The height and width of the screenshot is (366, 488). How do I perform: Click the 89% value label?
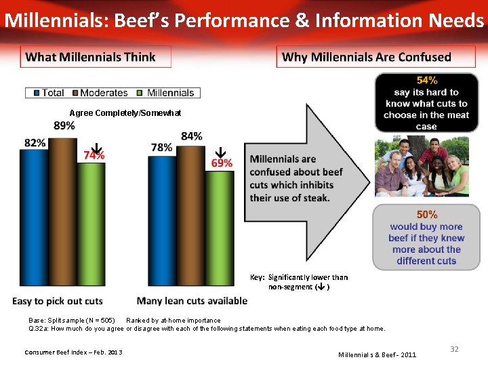click(x=64, y=126)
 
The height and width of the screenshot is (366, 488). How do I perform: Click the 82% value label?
click(x=35, y=143)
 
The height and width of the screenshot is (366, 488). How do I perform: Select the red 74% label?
click(x=94, y=155)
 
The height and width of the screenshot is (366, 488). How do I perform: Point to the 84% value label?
click(x=192, y=136)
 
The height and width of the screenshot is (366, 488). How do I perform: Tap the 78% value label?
click(x=161, y=148)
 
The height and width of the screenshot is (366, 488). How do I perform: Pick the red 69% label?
click(x=222, y=163)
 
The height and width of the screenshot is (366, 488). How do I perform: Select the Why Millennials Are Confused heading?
click(x=366, y=57)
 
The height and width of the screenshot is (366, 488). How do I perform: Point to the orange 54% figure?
click(x=426, y=81)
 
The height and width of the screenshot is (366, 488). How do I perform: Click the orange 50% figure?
click(x=426, y=215)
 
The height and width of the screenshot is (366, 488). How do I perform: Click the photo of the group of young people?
click(x=421, y=167)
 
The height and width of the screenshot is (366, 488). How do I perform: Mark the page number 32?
click(x=454, y=348)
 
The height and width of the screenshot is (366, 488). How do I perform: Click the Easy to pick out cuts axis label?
click(x=58, y=301)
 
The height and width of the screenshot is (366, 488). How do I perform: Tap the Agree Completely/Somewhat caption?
click(x=125, y=113)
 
